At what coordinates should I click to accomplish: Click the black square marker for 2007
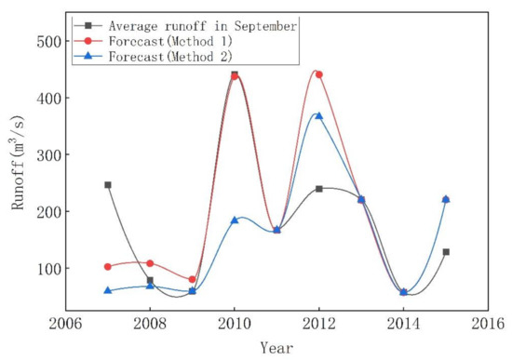(x=108, y=185)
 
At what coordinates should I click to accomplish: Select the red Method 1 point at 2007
(x=108, y=266)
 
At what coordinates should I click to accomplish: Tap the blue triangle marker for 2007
(x=108, y=290)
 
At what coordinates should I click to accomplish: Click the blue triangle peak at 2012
(x=318, y=115)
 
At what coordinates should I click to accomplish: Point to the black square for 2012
(x=318, y=189)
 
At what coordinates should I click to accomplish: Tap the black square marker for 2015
(x=446, y=252)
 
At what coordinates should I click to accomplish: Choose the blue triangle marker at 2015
(x=446, y=199)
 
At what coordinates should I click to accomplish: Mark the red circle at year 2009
(x=192, y=279)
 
